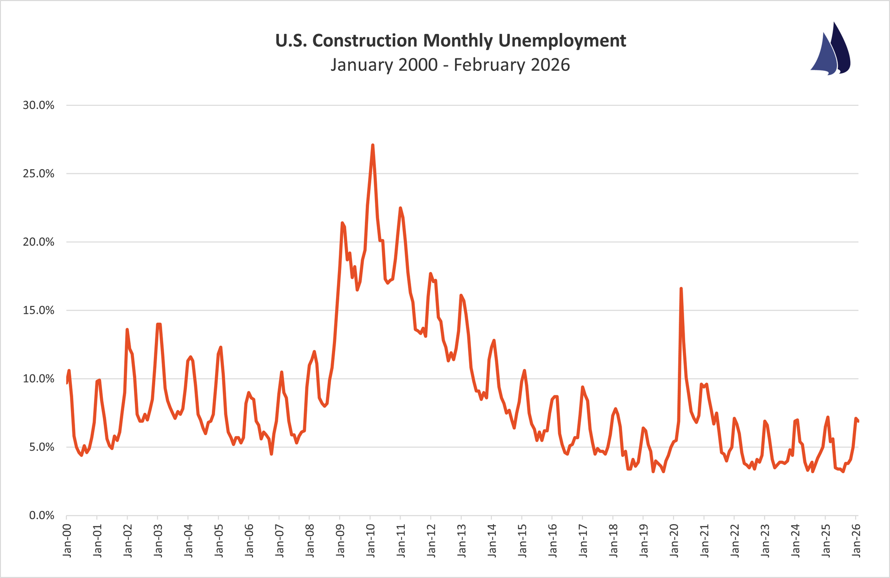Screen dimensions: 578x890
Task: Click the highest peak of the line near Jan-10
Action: [373, 146]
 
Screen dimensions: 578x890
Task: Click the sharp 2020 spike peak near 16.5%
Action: [681, 289]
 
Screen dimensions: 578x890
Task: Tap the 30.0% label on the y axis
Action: [38, 105]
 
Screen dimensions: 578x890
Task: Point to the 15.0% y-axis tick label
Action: [38, 311]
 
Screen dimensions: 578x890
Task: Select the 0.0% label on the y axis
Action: [41, 515]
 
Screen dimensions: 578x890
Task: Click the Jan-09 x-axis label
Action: [340, 540]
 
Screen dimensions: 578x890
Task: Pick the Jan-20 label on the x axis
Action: [674, 540]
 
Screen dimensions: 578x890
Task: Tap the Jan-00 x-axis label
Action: [67, 540]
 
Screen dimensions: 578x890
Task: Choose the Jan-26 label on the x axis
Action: [856, 540]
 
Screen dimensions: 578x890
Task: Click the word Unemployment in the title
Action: [562, 41]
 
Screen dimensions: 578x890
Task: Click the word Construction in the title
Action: [365, 41]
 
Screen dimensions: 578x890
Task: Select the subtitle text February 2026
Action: [512, 65]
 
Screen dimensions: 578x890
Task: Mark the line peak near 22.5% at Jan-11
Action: [400, 208]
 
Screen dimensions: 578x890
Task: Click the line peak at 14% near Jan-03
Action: [159, 324]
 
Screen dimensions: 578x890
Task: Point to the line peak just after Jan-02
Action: [127, 330]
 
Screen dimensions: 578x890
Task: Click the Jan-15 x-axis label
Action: [522, 540]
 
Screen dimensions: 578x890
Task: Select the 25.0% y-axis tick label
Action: [38, 174]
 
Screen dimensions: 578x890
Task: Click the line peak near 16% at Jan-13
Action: [461, 295]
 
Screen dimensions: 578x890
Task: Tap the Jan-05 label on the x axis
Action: [219, 540]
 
